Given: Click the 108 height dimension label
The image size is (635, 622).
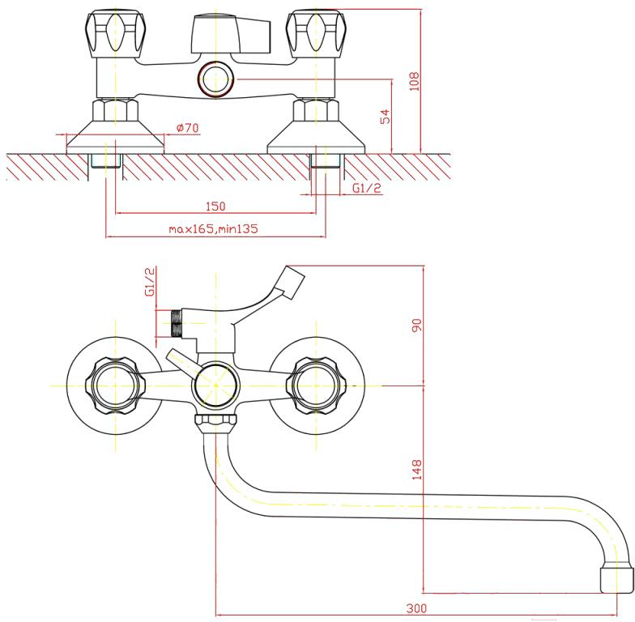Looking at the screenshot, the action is tap(415, 81).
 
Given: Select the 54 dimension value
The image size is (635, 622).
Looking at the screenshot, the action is tap(386, 117).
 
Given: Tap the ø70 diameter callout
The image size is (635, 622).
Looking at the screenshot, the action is tap(188, 128).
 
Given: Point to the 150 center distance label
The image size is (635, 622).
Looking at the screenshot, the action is tap(215, 206).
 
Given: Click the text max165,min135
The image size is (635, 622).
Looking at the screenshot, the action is tap(213, 228).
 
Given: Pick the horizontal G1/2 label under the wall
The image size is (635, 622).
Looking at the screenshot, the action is tap(367, 188).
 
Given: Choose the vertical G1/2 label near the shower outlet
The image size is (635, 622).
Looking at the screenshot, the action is tap(150, 282).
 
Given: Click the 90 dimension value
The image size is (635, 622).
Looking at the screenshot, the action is tap(416, 326).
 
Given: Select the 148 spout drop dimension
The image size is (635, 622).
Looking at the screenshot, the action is tap(416, 470).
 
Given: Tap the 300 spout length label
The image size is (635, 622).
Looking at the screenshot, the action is tap(416, 607).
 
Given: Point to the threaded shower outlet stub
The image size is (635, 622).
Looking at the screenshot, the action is tap(177, 324).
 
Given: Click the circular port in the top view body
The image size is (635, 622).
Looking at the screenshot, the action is tap(215, 79).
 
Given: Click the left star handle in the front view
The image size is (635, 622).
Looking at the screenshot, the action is tap(115, 386).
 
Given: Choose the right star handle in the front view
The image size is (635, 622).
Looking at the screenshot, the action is tap(316, 386).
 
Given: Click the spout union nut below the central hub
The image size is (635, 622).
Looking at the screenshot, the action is tap(215, 424).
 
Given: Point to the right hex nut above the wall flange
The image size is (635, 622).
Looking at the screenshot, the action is tap(316, 110).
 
